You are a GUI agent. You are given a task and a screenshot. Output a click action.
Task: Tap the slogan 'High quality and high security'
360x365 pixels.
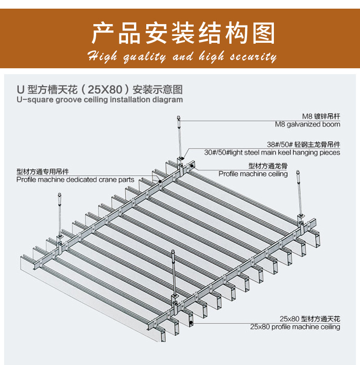[x=182, y=57]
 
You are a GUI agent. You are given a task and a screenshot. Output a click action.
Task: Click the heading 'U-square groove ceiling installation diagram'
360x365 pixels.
[x=99, y=100]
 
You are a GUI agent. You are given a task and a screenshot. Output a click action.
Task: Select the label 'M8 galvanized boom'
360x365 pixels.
[x=308, y=124]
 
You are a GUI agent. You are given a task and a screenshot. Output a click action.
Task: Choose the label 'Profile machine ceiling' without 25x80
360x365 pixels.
[x=253, y=173]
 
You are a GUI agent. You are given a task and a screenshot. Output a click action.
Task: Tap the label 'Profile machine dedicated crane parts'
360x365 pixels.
[x=75, y=179]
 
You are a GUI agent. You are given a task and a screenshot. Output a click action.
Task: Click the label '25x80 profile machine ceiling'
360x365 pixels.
[x=295, y=326]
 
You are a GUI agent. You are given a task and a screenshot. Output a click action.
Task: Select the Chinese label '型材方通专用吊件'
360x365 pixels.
[x=43, y=172]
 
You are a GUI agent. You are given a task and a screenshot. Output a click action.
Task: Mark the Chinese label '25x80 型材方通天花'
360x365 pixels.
[x=310, y=319]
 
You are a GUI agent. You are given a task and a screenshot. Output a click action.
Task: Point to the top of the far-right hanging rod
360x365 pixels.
[x=298, y=172]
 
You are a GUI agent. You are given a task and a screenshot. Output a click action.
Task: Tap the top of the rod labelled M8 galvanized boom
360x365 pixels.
[x=178, y=119]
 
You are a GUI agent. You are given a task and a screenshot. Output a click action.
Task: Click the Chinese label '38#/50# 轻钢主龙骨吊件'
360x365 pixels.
[x=303, y=145]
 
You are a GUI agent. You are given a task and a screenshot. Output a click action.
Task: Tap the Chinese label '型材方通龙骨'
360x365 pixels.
[x=268, y=166]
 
